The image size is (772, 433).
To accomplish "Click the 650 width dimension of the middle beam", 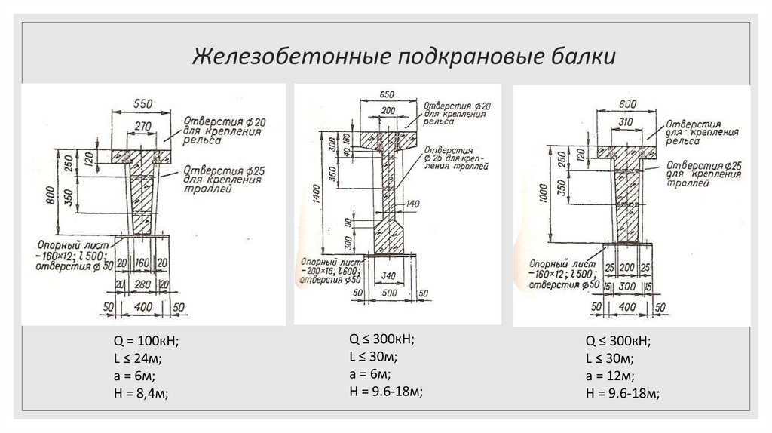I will [387, 95].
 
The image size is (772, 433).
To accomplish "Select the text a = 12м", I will [609, 376].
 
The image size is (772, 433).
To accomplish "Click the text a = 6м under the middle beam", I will [369, 374].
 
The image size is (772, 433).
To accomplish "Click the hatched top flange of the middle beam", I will [388, 139].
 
